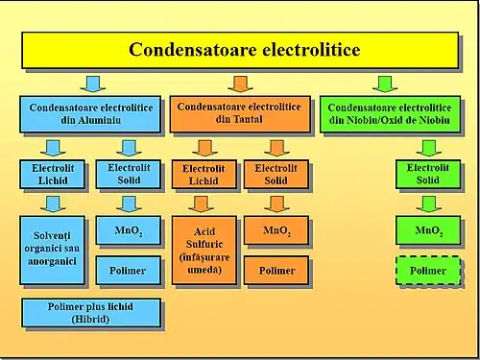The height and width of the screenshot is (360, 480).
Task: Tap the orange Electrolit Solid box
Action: (275, 175)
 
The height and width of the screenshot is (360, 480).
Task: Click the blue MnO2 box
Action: (127, 230)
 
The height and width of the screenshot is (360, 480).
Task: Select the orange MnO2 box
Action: (276, 230)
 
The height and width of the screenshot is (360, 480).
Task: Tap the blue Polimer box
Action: (127, 271)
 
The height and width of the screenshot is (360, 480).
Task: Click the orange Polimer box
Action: (276, 271)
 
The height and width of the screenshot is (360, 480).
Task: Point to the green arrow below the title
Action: (385, 83)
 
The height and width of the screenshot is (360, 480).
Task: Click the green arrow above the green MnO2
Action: (428, 204)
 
